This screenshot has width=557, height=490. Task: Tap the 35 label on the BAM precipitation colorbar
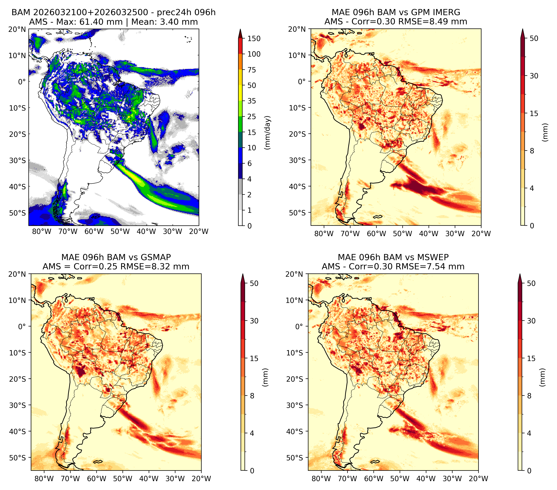coord(251,101)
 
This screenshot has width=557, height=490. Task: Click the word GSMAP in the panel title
coord(156,257)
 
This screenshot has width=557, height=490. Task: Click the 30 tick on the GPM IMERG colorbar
coord(534,76)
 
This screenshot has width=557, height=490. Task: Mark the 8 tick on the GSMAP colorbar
coord(252,396)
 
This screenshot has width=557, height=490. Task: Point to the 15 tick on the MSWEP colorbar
coord(531,358)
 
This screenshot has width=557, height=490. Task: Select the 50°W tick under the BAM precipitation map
coord(120,231)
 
